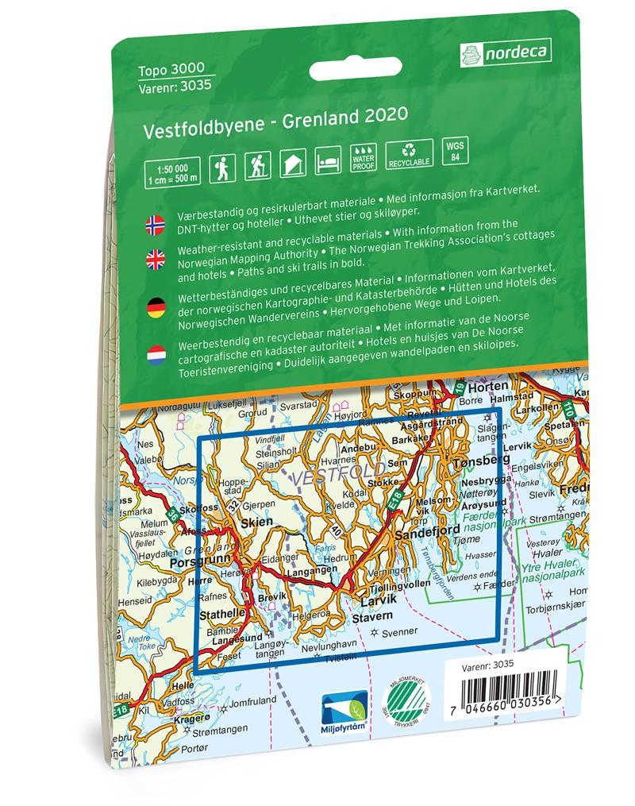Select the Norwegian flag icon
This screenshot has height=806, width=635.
(x=156, y=224)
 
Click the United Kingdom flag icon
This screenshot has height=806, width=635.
(x=156, y=257)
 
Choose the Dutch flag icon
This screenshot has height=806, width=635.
(x=156, y=354)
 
